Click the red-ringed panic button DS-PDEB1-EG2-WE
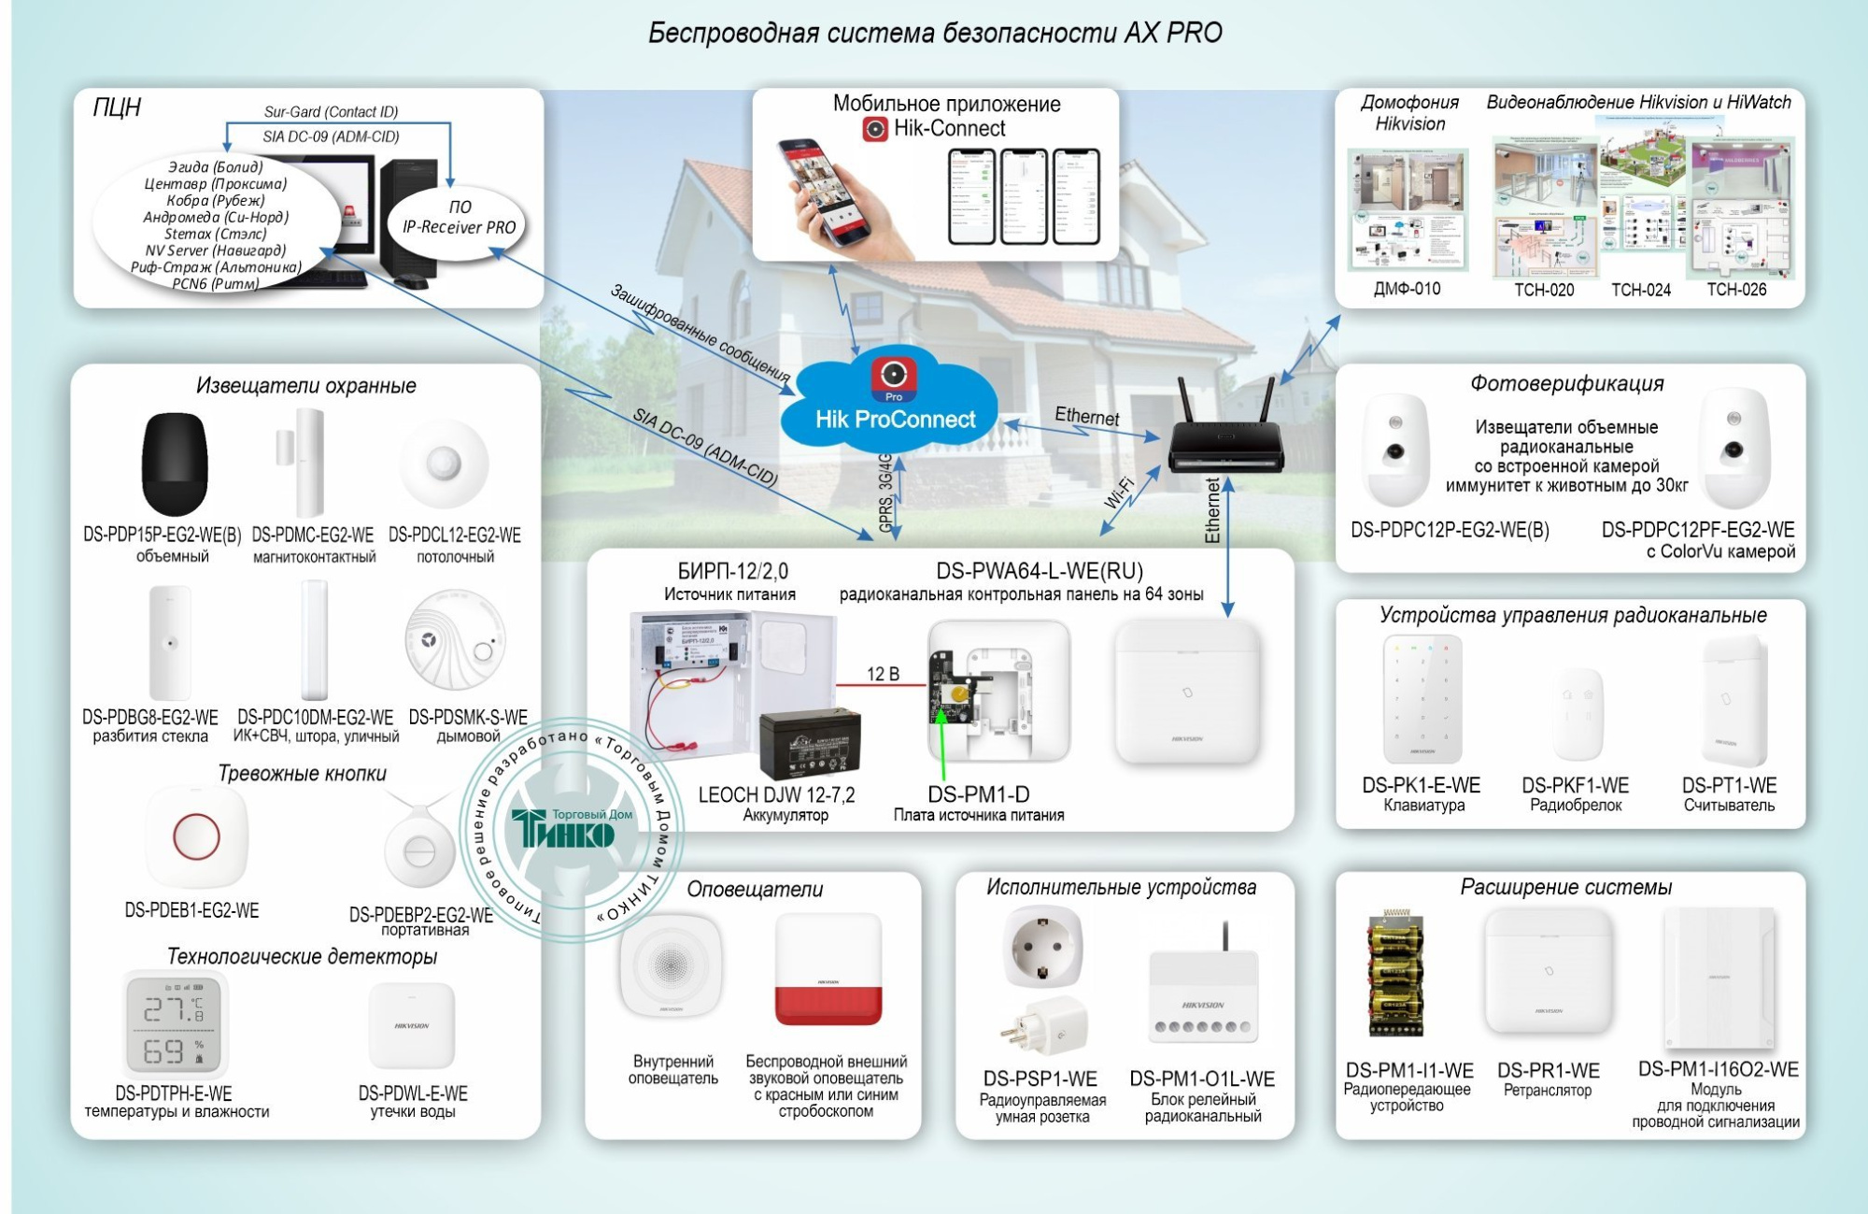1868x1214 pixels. coord(196,836)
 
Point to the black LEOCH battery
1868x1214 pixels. coord(810,745)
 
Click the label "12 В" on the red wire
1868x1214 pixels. coord(883,674)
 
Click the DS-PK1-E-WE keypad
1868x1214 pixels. coord(1422,699)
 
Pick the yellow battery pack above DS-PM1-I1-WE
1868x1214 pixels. coord(1394,973)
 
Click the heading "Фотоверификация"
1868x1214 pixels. coord(1566,383)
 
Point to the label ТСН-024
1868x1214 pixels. coord(1640,290)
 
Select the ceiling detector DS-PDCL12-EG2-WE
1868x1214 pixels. coord(445,463)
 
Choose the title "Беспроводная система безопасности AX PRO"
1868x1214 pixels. coord(935,34)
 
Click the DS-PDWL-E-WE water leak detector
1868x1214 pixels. coord(412,1025)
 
